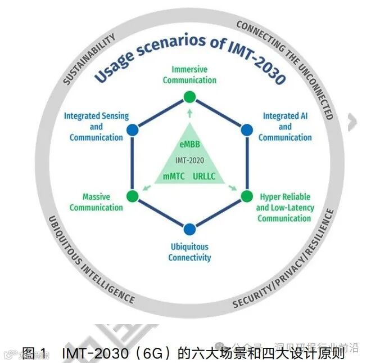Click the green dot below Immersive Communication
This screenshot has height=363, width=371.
[190, 97]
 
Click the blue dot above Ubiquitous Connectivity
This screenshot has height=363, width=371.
[190, 229]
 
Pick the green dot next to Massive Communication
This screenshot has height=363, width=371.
[133, 196]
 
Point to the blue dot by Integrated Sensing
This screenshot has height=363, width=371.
[133, 130]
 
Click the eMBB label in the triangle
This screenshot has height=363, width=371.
[189, 145]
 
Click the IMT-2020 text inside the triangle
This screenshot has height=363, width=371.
[189, 160]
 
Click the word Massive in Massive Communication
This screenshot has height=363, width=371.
[96, 197]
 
